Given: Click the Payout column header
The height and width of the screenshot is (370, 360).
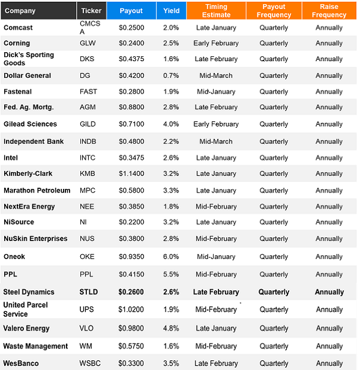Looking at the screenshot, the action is tap(131, 11).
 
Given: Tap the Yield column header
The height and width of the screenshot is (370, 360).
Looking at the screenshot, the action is tap(171, 11).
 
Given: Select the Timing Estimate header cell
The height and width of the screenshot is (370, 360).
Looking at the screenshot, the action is tap(216, 11).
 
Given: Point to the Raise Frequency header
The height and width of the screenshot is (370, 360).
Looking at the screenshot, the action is tap(329, 11).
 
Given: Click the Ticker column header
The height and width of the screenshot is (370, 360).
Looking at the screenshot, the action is tap(91, 11).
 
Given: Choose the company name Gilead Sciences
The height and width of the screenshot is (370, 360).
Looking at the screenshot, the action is tap(30, 124).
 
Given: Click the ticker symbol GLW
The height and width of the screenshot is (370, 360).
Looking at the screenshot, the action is tap(88, 43).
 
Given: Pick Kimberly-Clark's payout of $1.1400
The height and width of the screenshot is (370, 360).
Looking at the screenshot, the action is tap(131, 173).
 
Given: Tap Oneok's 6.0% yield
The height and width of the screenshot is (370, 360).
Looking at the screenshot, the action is tap(171, 257).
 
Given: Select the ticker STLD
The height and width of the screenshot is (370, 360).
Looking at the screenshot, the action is tap(89, 292).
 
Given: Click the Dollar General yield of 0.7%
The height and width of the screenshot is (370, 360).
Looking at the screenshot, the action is tap(171, 76).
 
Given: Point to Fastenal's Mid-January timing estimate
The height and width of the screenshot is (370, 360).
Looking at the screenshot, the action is tap(216, 92).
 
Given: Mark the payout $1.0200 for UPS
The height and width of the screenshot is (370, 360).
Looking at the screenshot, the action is tap(131, 309).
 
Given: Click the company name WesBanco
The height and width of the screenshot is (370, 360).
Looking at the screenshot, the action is tap(21, 363).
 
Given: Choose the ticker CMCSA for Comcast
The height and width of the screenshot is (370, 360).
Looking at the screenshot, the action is tap(90, 28).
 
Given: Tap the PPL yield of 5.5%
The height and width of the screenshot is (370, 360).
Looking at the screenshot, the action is tap(171, 274).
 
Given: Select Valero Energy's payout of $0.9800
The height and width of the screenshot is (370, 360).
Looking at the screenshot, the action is tap(131, 328).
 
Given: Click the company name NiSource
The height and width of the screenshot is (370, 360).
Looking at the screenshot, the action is tap(19, 222).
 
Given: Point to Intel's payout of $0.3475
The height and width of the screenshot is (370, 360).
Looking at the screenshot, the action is tap(131, 158).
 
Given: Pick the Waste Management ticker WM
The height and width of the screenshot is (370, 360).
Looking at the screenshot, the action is tap(86, 346).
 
